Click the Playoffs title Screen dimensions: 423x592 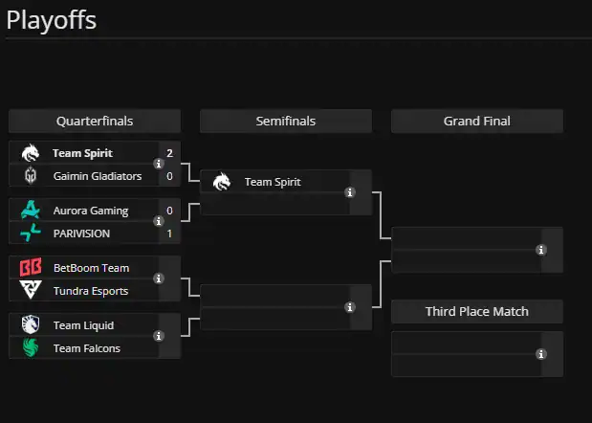coord(52,20)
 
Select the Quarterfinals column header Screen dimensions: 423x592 coord(95,122)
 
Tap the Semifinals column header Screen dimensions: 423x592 coord(286,122)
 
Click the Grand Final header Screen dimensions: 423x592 coord(477,122)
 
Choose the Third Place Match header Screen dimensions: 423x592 coord(477,311)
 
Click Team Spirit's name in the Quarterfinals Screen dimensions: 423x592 coord(82,153)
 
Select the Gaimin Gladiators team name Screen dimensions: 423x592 coord(98,176)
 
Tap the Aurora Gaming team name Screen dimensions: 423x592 coord(91,211)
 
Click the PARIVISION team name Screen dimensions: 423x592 coord(82,234)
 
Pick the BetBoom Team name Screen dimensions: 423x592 coord(91,268)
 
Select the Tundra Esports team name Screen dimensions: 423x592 coord(91,291)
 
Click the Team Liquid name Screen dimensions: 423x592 coord(83,325)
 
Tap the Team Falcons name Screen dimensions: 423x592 coord(87,348)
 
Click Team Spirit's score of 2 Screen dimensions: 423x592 coord(169,153)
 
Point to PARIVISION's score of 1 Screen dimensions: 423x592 coord(169,234)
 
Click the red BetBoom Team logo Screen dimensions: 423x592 coord(31,268)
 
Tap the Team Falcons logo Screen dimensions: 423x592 coord(31,348)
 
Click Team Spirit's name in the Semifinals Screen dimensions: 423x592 coord(274,182)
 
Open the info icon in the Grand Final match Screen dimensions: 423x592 coord(541,250)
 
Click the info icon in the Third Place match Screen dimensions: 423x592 coord(541,354)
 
